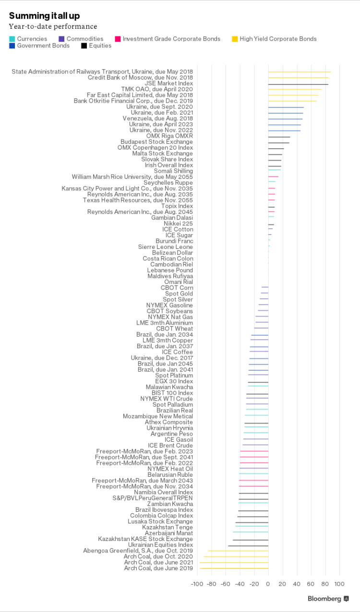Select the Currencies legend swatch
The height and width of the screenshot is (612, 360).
[12, 39]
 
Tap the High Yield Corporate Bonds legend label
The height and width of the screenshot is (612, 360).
[278, 39]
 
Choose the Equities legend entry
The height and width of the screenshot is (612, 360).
[100, 46]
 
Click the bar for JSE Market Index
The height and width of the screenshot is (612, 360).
[298, 84]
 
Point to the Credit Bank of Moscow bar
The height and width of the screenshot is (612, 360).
[298, 78]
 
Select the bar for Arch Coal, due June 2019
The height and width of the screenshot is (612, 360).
[234, 568]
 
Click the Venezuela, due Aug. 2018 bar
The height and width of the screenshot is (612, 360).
[285, 119]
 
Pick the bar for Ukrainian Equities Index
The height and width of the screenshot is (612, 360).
[248, 545]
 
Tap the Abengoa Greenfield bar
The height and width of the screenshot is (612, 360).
[238, 551]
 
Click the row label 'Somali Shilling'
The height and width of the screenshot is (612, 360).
[173, 171]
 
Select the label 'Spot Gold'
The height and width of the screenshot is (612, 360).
[179, 294]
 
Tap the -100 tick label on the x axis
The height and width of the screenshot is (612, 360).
[197, 584]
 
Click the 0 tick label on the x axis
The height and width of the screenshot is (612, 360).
[268, 584]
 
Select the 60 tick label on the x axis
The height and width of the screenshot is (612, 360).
[311, 584]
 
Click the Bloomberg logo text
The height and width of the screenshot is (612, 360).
[324, 599]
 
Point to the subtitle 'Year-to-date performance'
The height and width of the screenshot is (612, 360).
[53, 26]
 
